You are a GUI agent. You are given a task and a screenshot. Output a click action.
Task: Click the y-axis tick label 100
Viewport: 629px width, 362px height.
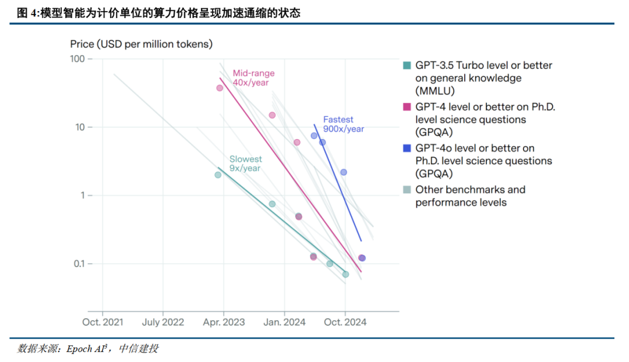tap(77, 59)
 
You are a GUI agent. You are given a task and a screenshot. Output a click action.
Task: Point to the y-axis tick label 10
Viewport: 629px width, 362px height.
tap(80, 127)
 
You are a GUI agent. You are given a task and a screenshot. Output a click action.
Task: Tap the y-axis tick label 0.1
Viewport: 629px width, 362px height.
tap(79, 264)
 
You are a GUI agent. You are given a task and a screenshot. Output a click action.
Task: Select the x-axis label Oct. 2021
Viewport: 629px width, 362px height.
tap(102, 322)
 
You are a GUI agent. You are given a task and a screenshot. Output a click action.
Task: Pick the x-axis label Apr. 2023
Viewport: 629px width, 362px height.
tap(224, 322)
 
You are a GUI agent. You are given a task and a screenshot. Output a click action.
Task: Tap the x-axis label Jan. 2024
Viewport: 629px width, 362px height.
tap(284, 322)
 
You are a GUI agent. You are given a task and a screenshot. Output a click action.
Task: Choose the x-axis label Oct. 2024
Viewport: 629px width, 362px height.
tap(345, 322)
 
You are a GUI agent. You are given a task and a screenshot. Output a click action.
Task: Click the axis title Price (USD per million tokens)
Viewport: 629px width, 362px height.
tap(141, 44)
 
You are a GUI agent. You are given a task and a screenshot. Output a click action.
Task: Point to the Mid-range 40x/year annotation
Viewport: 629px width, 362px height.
tap(253, 78)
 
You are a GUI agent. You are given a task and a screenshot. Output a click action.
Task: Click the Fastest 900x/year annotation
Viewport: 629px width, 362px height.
tap(344, 125)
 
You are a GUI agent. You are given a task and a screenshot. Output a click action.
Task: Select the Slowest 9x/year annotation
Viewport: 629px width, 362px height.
tap(245, 164)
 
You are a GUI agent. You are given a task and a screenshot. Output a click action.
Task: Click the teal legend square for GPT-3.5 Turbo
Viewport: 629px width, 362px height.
tap(408, 65)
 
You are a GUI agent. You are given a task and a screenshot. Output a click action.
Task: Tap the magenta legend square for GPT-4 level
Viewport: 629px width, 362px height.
tap(408, 107)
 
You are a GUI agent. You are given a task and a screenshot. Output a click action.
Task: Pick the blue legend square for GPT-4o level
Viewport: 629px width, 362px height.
tap(408, 148)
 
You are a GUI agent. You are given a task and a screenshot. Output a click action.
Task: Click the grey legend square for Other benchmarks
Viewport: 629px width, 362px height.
tap(408, 190)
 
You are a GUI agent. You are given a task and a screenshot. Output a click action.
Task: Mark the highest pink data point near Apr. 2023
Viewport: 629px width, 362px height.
tap(220, 88)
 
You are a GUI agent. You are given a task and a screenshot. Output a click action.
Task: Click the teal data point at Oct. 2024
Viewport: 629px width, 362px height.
tap(345, 274)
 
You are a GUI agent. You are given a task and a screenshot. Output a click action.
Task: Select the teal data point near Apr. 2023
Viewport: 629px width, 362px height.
tap(218, 175)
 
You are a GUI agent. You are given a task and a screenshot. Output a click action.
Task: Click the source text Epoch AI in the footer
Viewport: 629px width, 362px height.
tap(86, 349)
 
